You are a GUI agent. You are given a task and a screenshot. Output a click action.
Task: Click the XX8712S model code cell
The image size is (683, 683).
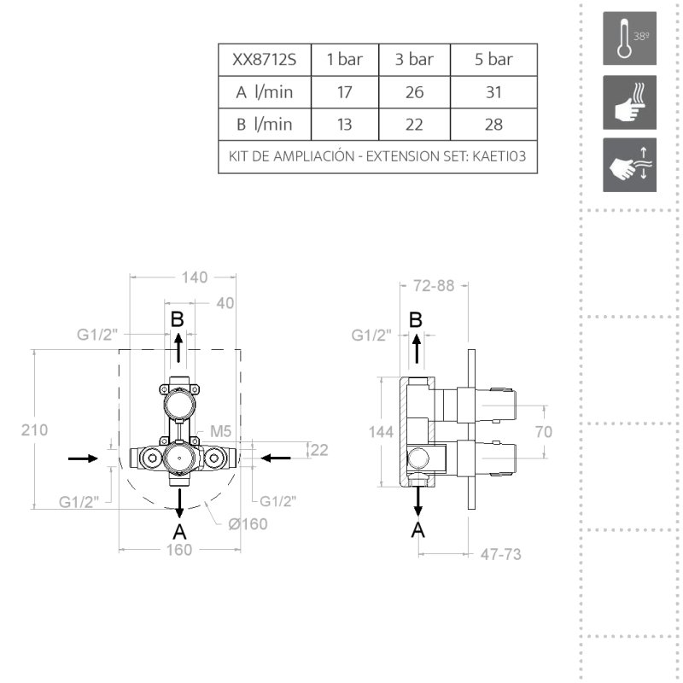(265, 59)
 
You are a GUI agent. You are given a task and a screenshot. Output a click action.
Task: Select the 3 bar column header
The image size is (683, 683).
(414, 59)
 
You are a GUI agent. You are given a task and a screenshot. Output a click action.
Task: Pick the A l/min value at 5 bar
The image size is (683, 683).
(493, 92)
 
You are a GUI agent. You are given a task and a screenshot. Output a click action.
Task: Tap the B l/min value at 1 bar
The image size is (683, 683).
(344, 125)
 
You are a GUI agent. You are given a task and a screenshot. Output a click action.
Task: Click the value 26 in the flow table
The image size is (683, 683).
(414, 92)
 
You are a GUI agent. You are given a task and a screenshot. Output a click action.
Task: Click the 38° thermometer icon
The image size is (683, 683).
(629, 38)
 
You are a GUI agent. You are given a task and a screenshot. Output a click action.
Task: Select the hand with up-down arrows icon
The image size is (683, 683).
(629, 165)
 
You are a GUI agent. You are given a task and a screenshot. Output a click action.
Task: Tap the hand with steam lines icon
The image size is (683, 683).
(629, 102)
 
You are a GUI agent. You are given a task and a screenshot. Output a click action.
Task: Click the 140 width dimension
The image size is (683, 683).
(195, 277)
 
